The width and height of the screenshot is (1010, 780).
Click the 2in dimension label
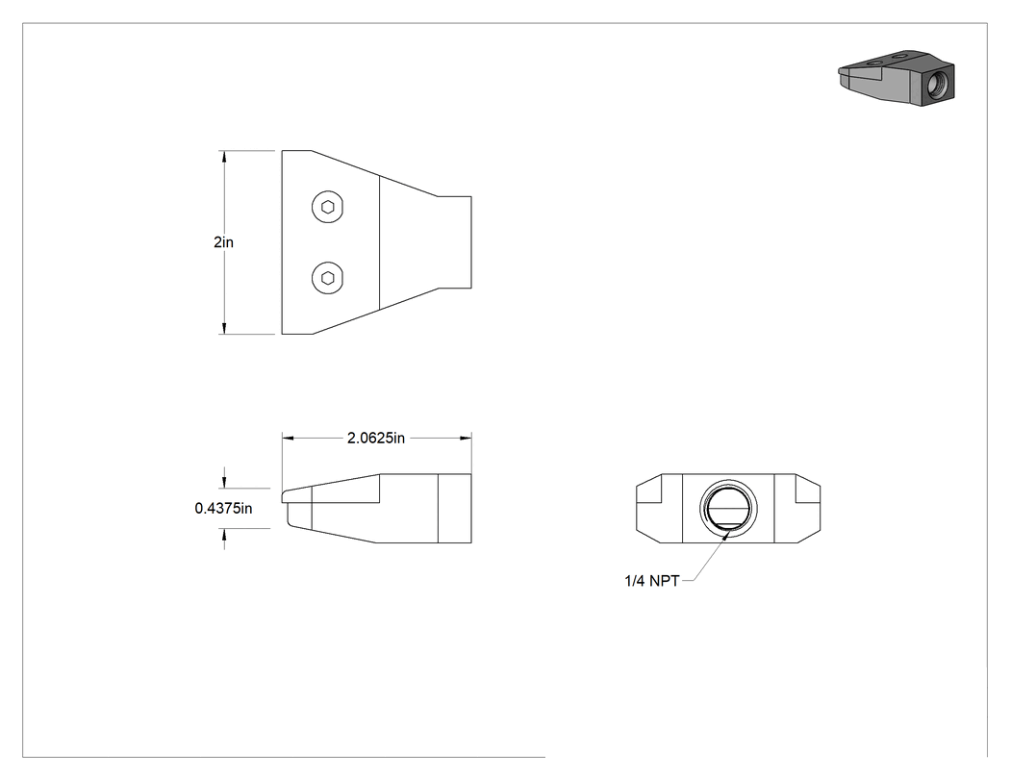pyautogui.click(x=223, y=242)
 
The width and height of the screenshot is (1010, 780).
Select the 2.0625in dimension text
pyautogui.click(x=376, y=438)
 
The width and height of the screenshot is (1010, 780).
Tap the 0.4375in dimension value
pyautogui.click(x=223, y=508)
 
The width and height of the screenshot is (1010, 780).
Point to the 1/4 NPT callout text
pyautogui.click(x=652, y=581)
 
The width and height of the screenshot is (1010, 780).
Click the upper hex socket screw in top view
pyautogui.click(x=328, y=207)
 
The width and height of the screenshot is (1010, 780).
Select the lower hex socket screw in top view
pyautogui.click(x=328, y=278)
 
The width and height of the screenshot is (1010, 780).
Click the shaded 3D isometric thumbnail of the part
pyautogui.click(x=896, y=77)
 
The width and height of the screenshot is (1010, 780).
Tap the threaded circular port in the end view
pyautogui.click(x=728, y=508)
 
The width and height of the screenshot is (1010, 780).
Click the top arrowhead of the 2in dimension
pyautogui.click(x=224, y=157)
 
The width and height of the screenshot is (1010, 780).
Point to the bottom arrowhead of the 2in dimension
pyautogui.click(x=224, y=328)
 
